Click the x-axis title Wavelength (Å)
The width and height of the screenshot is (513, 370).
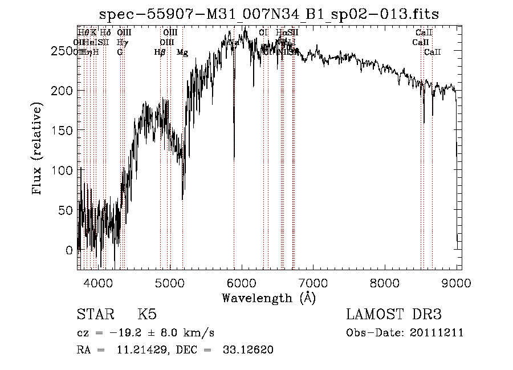coord(268,298)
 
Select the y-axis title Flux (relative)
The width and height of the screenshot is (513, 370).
coord(38,150)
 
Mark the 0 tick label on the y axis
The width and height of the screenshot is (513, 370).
coord(70,250)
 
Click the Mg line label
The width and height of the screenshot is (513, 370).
coord(182,52)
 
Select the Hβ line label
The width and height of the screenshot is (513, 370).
coord(160,52)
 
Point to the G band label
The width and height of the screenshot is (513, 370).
coord(120,52)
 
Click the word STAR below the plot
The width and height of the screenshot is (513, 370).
coord(95,315)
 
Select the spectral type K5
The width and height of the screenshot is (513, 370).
coord(147,315)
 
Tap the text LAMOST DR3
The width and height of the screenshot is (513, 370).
coord(394,315)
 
